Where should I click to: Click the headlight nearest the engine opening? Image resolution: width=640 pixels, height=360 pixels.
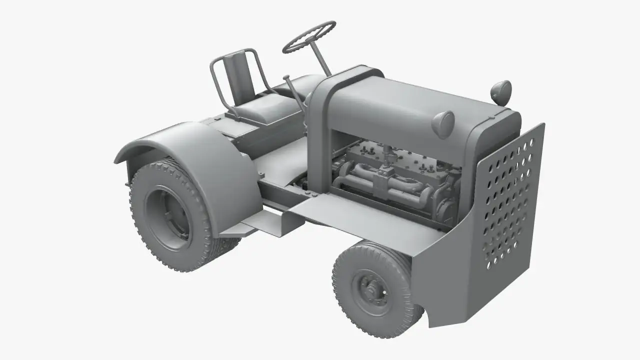443,121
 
